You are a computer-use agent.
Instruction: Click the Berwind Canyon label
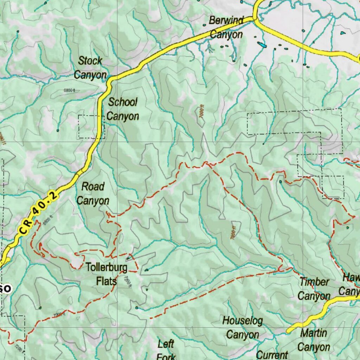226,27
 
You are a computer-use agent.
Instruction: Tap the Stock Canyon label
90,68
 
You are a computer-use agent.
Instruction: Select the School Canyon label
123,109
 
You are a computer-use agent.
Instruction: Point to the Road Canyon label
93,193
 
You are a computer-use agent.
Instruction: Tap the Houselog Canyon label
242,327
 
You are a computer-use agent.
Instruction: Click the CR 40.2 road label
38,213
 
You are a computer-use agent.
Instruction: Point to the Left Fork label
166,349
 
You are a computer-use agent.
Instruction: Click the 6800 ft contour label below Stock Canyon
69,90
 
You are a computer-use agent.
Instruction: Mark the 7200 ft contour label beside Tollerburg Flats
127,281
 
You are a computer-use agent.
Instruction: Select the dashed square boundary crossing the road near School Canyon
91,127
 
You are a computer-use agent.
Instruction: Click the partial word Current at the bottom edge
272,355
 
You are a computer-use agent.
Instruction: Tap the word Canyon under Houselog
242,335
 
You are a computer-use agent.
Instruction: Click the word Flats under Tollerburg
106,282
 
